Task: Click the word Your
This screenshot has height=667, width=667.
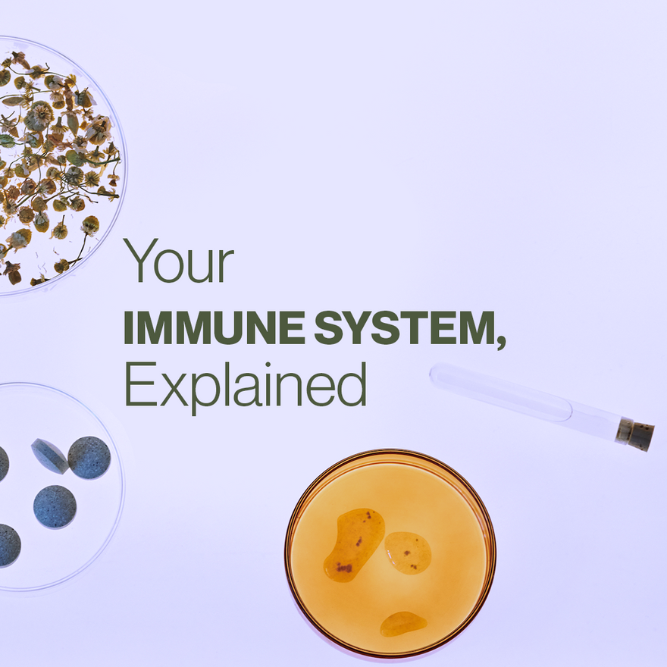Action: [179, 261]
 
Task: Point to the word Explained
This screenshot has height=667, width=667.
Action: [245, 385]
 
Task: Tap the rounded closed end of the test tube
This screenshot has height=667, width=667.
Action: [437, 375]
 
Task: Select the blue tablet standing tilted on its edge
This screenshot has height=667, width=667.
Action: [49, 456]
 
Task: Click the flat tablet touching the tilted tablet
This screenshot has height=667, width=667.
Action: [89, 457]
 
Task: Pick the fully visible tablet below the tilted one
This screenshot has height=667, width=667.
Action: [55, 506]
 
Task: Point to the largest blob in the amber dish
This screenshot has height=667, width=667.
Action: [354, 543]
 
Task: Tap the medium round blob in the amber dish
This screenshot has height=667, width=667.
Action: [408, 552]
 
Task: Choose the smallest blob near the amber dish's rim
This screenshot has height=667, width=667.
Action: [402, 624]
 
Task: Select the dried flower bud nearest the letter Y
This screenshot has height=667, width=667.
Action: [90, 224]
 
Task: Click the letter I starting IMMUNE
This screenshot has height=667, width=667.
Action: [128, 327]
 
